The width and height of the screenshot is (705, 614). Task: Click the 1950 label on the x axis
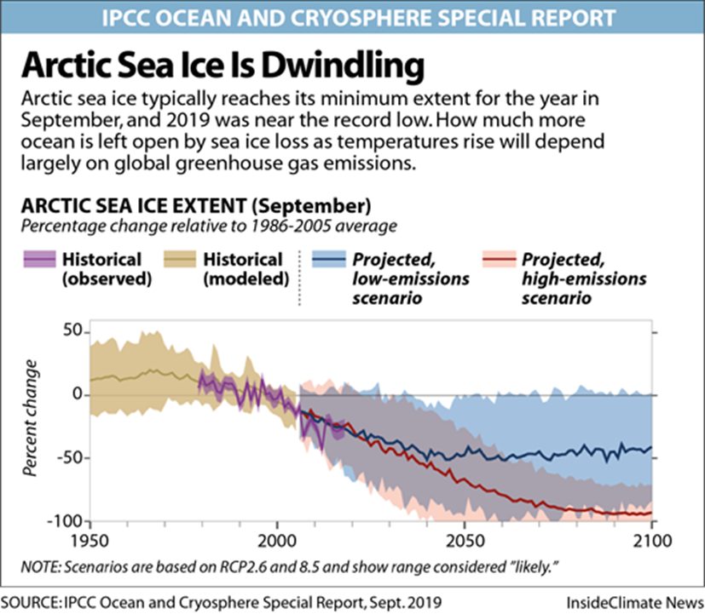tap(89, 541)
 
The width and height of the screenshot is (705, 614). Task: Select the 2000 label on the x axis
tap(276, 541)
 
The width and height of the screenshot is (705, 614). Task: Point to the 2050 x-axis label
tap(465, 541)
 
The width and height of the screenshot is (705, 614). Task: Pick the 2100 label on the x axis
tap(651, 541)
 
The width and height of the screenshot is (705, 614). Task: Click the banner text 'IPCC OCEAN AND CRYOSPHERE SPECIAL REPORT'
tap(352, 16)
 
